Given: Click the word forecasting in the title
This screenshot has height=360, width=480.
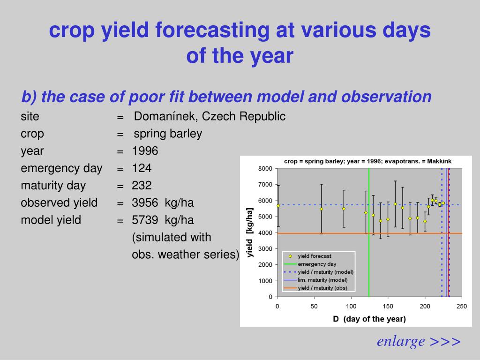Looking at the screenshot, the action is tap(212, 30).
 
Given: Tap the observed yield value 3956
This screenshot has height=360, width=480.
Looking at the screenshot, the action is tap(145, 202).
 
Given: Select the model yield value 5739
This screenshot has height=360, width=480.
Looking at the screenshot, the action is tap(145, 220).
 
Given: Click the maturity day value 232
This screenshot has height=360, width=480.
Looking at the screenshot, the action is tap(142, 185).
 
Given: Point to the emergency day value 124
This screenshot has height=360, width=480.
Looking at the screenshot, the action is tap(142, 168).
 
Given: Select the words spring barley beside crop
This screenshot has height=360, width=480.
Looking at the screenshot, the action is tap(168, 134).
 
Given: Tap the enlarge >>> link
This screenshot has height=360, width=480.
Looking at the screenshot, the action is tap(419, 341).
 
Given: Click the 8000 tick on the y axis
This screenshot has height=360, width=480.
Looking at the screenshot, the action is tap(265, 169).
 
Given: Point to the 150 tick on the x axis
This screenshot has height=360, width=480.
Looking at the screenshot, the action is tap(388, 306).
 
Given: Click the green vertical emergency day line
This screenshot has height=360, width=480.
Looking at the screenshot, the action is tap(369, 232).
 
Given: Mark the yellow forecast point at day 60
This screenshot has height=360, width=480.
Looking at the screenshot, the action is tap(322, 209).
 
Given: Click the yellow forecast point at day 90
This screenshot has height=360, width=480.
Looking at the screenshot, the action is tap(344, 209).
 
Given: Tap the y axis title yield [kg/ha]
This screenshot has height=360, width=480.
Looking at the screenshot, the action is tap(250, 232).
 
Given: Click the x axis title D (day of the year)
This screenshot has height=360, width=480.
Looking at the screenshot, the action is tap(369, 319).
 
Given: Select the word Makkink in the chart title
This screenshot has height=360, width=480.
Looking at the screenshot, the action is tap(439, 161).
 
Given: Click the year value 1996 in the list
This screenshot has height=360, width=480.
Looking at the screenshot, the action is tap(145, 151).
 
